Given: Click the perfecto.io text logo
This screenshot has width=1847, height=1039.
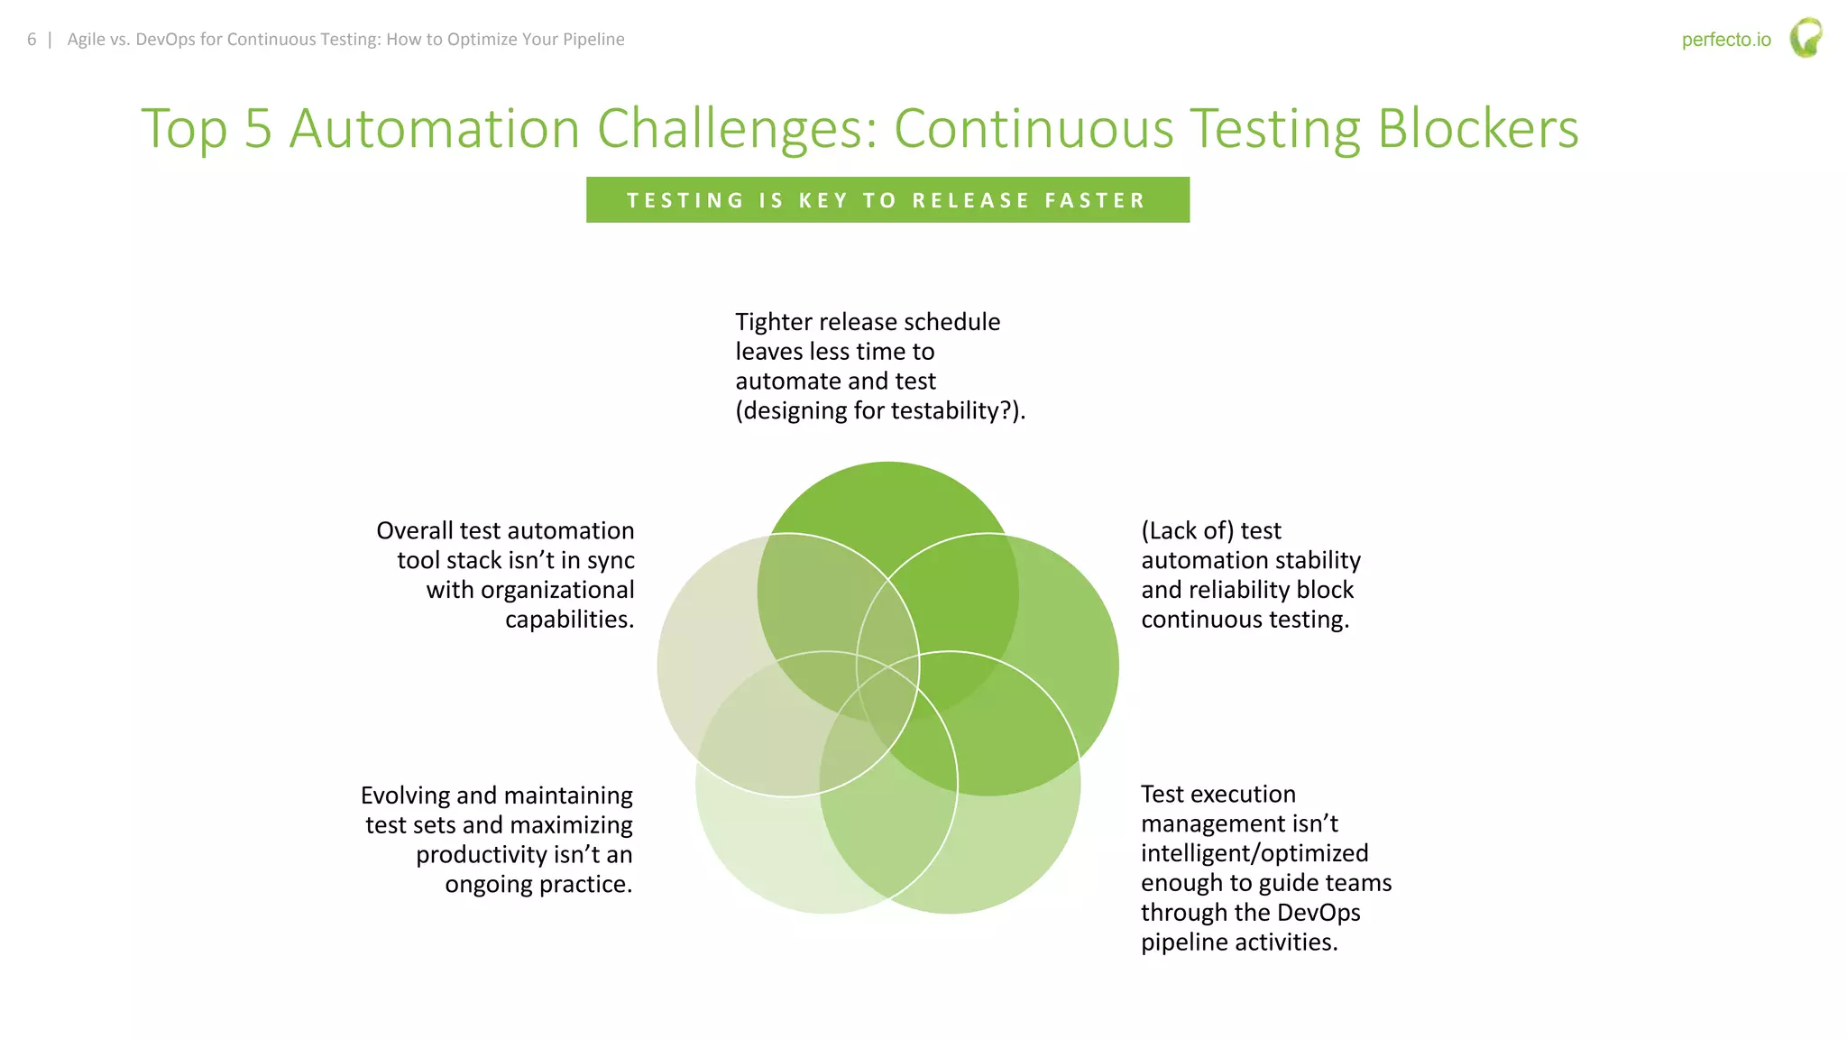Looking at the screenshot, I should [1725, 40].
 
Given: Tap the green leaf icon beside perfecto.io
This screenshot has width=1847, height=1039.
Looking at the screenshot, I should [1806, 38].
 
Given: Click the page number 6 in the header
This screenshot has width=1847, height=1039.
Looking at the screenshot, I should [32, 40].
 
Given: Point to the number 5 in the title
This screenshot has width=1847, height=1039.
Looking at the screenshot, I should [258, 128].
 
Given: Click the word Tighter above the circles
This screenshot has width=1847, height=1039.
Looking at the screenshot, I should [777, 322].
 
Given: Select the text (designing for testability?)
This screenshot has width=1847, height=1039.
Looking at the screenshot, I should [880, 411].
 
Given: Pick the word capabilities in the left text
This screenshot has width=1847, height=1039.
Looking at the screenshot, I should [569, 620].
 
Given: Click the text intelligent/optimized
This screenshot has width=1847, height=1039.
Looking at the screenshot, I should [1254, 853].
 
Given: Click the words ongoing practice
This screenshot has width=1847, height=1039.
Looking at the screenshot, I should [538, 884].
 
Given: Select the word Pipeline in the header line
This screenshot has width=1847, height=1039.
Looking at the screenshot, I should [593, 40].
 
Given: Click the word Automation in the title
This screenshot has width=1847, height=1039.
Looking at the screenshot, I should [435, 128].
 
